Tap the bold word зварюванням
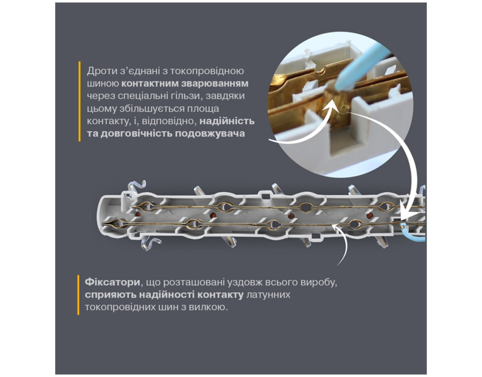pyautogui.click(x=215, y=84)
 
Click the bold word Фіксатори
pyautogui.click(x=112, y=282)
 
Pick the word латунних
pyautogui.click(x=268, y=295)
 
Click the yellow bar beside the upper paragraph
pyautogui.click(x=79, y=101)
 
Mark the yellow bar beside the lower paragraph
pyautogui.click(x=78, y=295)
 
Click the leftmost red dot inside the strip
pyautogui.click(x=138, y=214)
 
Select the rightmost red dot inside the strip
pyautogui.click(x=370, y=215)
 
